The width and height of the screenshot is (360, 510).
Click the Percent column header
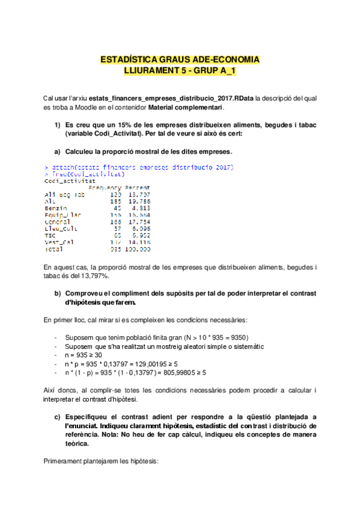pos(138,188)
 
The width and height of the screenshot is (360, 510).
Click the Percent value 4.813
pos(139,207)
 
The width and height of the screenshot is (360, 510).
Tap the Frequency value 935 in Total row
pos(115,249)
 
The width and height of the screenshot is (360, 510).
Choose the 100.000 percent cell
pos(138,249)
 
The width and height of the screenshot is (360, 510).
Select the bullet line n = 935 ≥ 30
pos(85,355)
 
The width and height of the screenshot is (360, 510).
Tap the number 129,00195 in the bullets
pos(162,364)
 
